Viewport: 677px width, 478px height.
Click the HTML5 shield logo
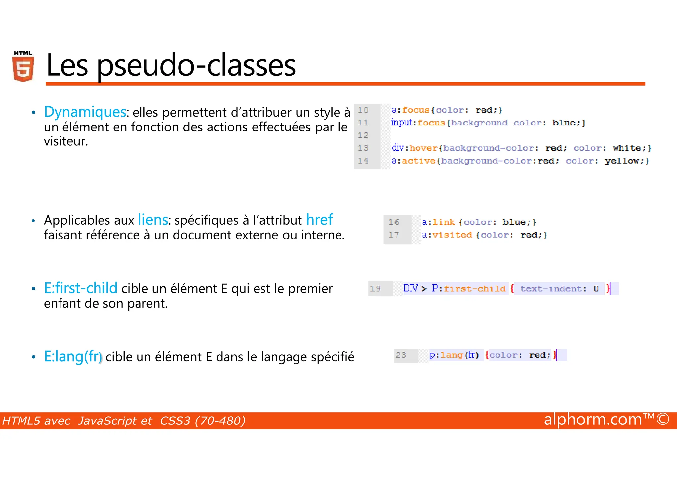pyautogui.click(x=23, y=66)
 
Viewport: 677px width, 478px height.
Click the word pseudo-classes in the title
pyautogui.click(x=196, y=65)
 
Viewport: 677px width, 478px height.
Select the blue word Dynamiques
pyautogui.click(x=85, y=112)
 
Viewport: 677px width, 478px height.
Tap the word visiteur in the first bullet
pyautogui.click(x=65, y=141)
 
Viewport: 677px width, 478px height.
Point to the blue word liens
pyautogui.click(x=153, y=220)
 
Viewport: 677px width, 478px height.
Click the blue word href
pyautogui.click(x=319, y=220)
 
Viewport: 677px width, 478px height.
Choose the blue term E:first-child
pyautogui.click(x=81, y=288)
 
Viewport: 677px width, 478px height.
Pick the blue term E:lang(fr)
pyautogui.click(x=73, y=357)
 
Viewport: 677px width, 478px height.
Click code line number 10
pyautogui.click(x=363, y=110)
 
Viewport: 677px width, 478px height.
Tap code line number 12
pyautogui.click(x=363, y=135)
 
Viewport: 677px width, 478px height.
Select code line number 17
pyautogui.click(x=393, y=235)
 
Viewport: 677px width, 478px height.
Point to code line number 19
pyautogui.click(x=375, y=289)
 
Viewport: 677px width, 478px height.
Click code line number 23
pyautogui.click(x=401, y=355)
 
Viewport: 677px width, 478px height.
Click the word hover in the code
pyautogui.click(x=423, y=148)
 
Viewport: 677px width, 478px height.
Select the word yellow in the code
pyautogui.click(x=622, y=161)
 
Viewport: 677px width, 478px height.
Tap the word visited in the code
pyautogui.click(x=452, y=235)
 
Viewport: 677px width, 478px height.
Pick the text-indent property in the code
pyautogui.click(x=551, y=289)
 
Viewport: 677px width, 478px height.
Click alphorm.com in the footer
pyautogui.click(x=593, y=420)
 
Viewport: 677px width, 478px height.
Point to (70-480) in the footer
pyautogui.click(x=220, y=421)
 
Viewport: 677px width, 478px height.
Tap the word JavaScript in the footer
pyautogui.click(x=115, y=421)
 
